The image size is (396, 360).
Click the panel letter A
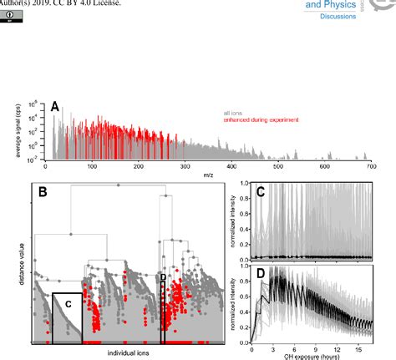[55, 106]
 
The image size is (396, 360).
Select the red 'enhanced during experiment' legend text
[261, 120]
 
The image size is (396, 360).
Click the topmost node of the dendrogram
[117, 183]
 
